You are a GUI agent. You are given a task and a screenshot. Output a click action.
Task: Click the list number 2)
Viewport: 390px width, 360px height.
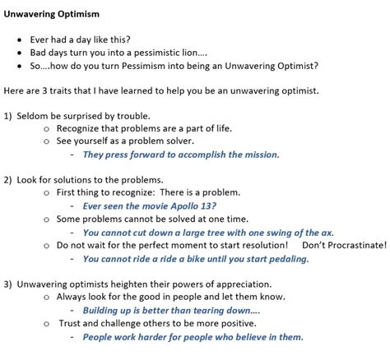(x=10, y=178)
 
